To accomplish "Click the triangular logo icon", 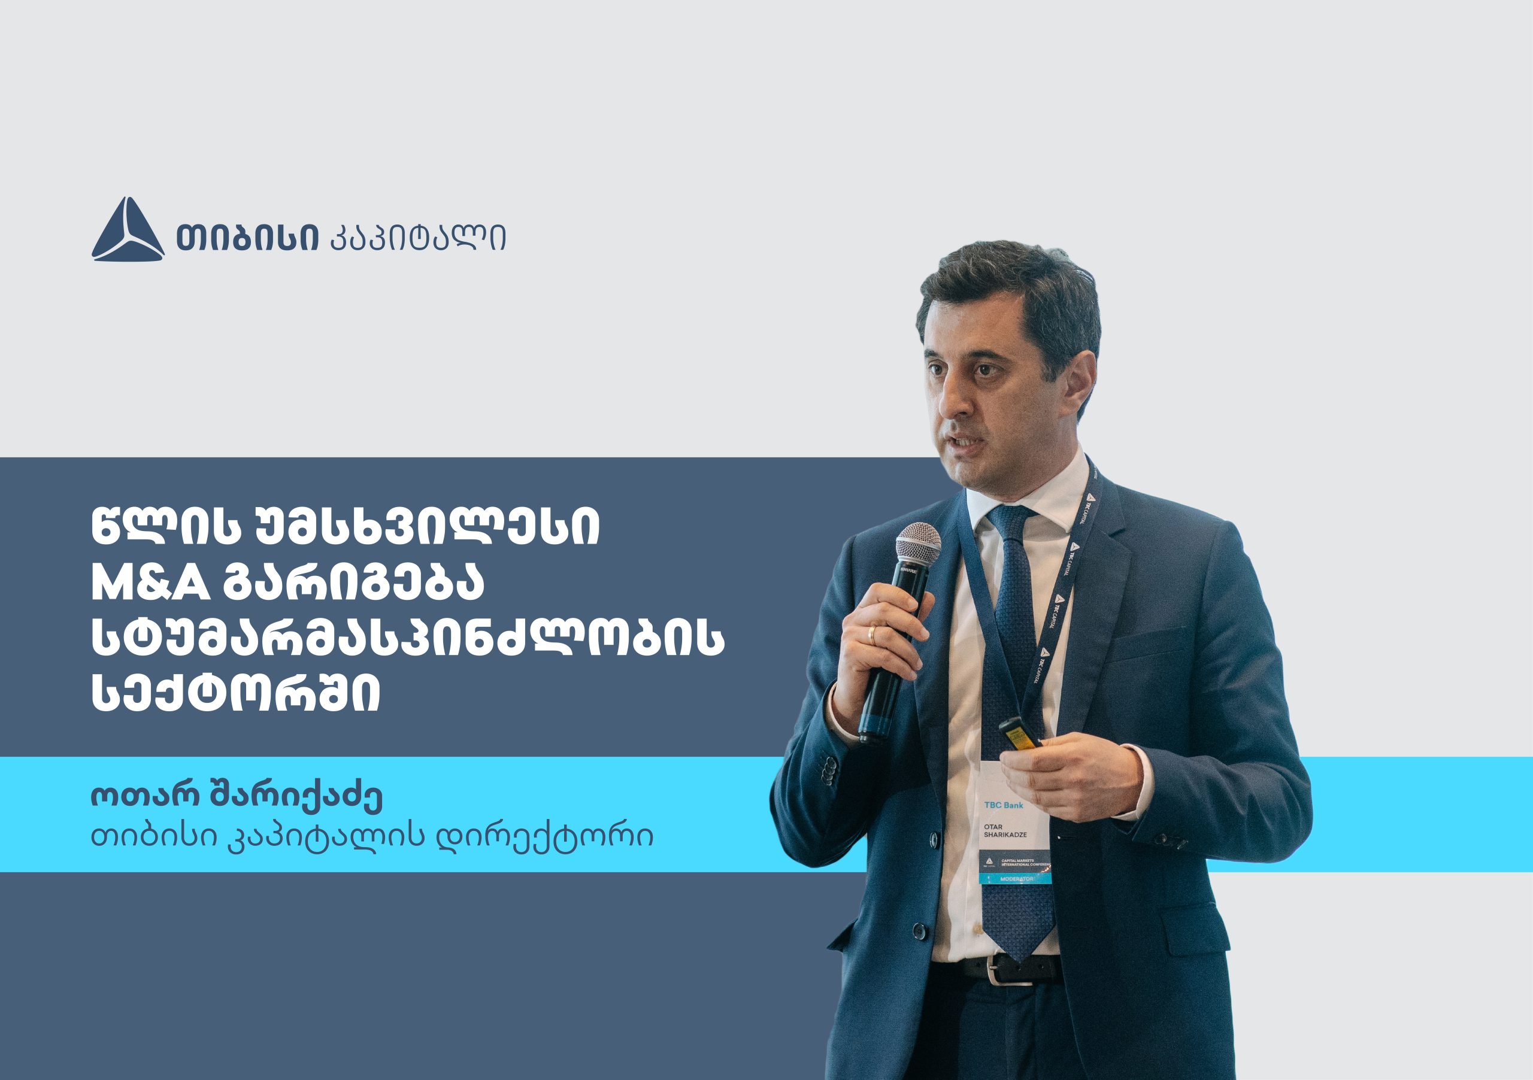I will click(128, 230).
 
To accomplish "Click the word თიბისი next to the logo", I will click(247, 237).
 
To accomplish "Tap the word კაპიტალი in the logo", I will click(419, 238).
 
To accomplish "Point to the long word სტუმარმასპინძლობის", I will click(407, 639).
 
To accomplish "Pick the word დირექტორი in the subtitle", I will click(544, 836).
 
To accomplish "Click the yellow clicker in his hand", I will click(1019, 732).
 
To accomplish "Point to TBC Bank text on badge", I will click(1004, 805).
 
